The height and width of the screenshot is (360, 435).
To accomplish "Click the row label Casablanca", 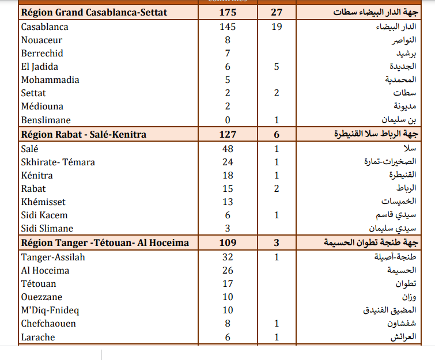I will coord(44,26).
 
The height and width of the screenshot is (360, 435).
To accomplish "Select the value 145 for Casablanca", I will coord(228,26).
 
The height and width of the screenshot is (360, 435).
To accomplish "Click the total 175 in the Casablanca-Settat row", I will coord(228,13).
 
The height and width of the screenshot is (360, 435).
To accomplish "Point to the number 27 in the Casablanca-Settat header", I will coord(277,13).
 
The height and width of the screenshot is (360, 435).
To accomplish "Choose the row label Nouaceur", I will coord(41,40).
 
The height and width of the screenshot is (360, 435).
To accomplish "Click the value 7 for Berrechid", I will coord(228,53).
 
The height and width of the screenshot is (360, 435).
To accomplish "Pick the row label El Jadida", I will coord(39,66).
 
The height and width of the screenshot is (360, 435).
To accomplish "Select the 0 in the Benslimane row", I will coord(228,120).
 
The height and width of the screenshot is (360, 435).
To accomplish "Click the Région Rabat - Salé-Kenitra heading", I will coord(84,134).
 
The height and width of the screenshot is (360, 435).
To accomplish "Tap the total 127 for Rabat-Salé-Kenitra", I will coord(228,134).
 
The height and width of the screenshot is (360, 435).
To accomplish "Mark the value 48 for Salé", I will coord(228,148).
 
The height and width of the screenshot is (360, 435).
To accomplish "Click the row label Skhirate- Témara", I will coord(58,162).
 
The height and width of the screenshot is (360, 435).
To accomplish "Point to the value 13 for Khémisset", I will coord(228,202).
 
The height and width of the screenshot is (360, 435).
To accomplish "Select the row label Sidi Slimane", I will coord(47,228).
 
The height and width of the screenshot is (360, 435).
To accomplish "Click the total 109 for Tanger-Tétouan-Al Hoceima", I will coord(228,243).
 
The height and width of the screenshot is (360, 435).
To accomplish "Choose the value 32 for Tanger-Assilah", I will coord(228,257).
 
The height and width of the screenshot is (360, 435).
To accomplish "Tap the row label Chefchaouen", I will coord(48,323).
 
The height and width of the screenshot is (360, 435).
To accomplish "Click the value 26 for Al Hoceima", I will coord(228,270).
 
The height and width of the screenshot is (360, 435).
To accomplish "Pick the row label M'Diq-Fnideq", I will coord(50,310).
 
